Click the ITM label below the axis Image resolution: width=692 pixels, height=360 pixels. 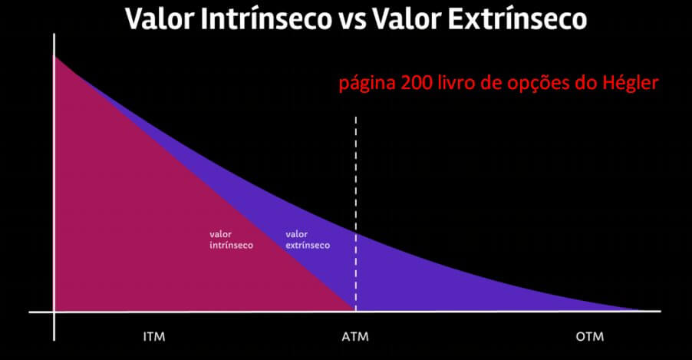pyautogui.click(x=154, y=337)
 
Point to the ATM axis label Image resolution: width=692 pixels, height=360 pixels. pyautogui.click(x=355, y=337)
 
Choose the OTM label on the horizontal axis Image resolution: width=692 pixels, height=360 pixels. pyautogui.click(x=590, y=337)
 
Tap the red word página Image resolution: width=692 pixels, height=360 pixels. pyautogui.click(x=367, y=84)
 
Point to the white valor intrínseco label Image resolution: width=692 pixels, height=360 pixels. pyautogui.click(x=231, y=239)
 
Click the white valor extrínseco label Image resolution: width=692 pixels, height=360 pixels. pyautogui.click(x=308, y=239)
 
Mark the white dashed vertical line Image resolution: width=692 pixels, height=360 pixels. pyautogui.click(x=356, y=214)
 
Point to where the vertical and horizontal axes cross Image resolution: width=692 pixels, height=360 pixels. pyautogui.click(x=54, y=312)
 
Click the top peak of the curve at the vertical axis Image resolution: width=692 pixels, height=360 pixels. pyautogui.click(x=54, y=57)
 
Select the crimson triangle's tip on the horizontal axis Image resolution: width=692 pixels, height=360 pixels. pyautogui.click(x=354, y=311)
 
